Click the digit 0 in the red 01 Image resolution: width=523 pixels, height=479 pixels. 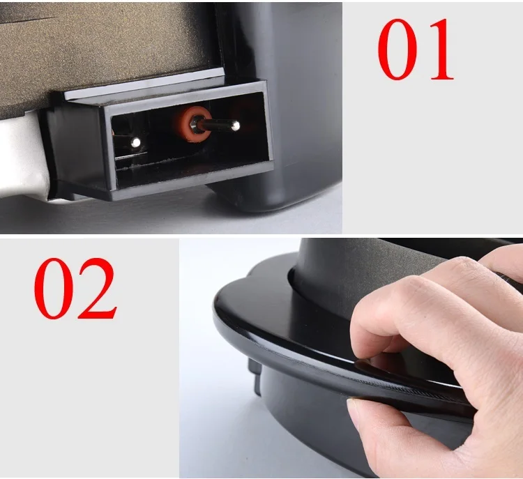coord(397,49)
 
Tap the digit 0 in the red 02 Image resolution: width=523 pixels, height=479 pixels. coord(54,289)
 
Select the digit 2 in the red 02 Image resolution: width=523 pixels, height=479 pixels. coord(98,288)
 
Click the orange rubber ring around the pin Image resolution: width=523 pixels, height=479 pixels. coord(194,123)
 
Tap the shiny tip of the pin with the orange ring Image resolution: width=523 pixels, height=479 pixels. coord(236,126)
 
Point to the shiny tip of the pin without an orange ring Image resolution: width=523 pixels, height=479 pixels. coord(135,143)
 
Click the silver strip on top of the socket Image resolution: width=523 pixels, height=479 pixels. coord(144,84)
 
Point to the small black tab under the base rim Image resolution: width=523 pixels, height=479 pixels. coord(255,376)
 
